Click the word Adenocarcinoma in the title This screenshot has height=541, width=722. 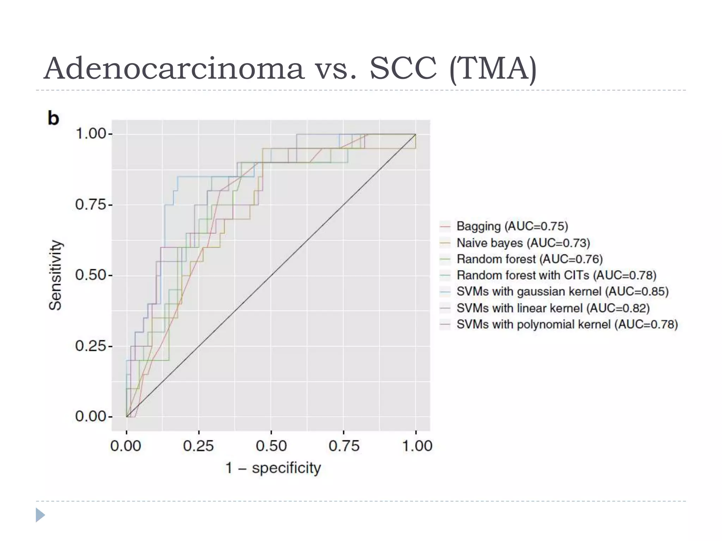[174, 69]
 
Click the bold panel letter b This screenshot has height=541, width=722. [53, 118]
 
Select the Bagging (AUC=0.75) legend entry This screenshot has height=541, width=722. [512, 226]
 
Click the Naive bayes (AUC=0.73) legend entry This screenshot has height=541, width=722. [523, 243]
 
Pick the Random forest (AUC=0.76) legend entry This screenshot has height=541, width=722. [530, 259]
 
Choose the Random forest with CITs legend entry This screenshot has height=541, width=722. [556, 275]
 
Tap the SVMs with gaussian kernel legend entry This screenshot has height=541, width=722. [562, 292]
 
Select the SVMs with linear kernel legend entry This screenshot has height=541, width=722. [553, 308]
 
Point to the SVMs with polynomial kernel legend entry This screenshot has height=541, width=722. [567, 324]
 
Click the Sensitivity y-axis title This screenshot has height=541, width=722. [55, 275]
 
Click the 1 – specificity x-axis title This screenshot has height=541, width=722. [273, 468]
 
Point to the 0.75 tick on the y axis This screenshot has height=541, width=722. [91, 205]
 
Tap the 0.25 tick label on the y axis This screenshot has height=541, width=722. [91, 346]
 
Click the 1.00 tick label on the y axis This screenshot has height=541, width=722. [91, 134]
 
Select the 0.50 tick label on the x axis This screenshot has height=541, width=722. [271, 446]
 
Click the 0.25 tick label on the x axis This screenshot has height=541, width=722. [198, 446]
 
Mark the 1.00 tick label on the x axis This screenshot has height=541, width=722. [417, 446]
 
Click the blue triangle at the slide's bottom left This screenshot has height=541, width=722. [40, 515]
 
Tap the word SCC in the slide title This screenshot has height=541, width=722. [403, 69]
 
